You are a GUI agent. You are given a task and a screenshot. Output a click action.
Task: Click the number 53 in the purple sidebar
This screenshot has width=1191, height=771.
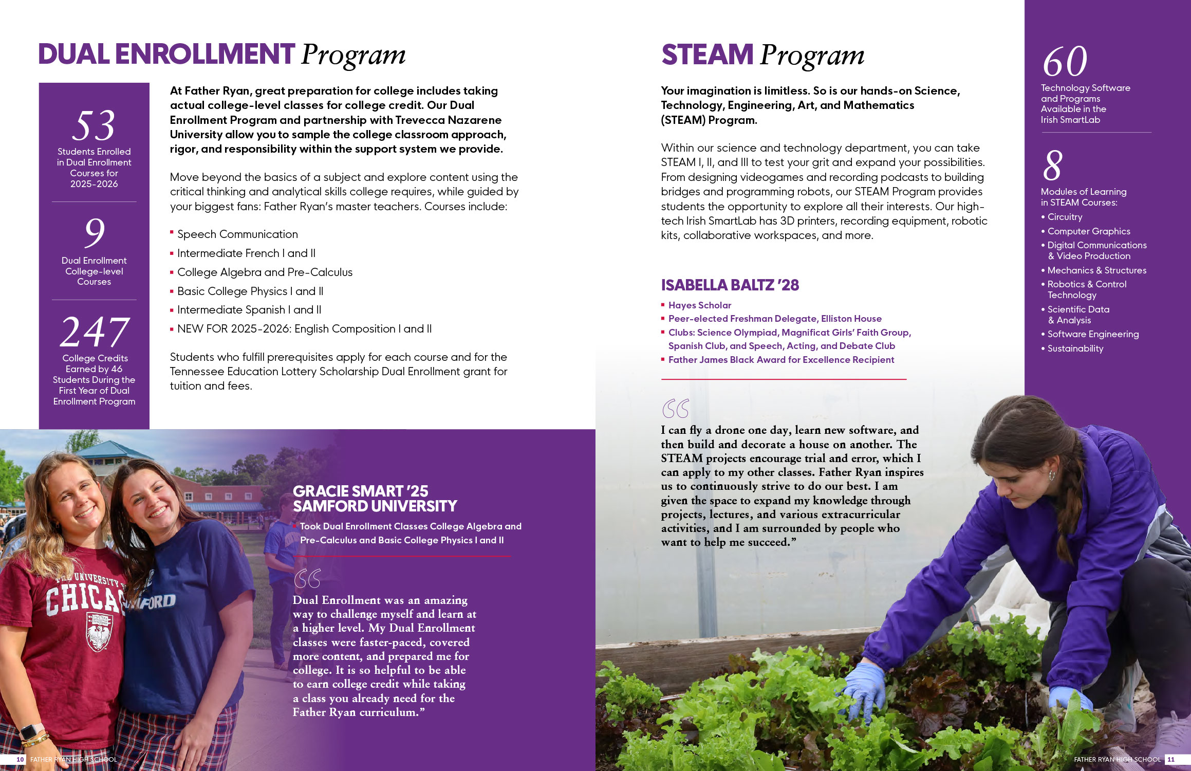94,125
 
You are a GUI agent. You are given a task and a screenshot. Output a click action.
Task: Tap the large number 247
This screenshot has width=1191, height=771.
95,332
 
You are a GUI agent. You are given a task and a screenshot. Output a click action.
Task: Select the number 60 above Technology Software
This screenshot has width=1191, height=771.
1065,62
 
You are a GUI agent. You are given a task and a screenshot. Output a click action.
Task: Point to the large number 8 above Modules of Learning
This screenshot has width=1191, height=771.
1052,166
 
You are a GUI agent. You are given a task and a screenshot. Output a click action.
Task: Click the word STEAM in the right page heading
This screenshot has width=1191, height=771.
707,55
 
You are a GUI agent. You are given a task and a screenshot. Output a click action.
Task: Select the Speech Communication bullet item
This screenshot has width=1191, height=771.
237,234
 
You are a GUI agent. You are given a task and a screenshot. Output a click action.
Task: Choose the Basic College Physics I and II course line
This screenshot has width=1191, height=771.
250,291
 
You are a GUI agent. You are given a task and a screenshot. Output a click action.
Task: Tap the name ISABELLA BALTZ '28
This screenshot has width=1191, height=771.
730,285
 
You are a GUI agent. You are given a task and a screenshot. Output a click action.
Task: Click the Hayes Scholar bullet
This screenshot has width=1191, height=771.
699,305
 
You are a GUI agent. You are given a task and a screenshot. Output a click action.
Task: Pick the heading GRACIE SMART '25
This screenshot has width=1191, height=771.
360,491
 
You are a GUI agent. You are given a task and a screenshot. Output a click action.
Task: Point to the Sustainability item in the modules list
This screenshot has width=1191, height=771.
1075,348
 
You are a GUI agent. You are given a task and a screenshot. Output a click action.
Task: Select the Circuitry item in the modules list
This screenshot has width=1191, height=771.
1065,217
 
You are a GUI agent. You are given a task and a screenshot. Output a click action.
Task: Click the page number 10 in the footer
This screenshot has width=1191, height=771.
20,759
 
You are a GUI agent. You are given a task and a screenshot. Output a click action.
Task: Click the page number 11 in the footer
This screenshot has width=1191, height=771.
1171,759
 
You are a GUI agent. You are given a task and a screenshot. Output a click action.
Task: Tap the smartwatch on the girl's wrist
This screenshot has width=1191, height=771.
31,730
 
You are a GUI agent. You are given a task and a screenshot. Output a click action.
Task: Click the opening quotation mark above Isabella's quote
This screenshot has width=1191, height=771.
675,409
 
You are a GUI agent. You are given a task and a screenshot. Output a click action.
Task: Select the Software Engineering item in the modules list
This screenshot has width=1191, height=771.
1093,334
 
